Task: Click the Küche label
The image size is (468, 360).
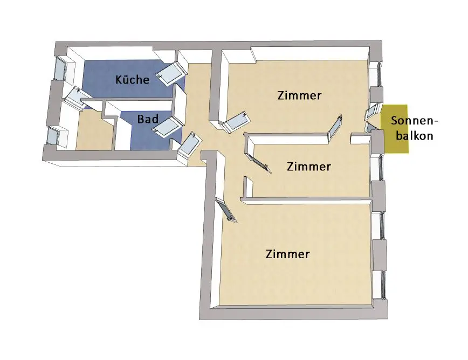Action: [132, 80]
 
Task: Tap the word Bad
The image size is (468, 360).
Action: [147, 119]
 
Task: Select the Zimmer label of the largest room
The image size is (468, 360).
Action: [288, 254]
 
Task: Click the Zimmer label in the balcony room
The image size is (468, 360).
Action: [299, 96]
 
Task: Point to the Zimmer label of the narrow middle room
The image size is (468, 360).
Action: [308, 167]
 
